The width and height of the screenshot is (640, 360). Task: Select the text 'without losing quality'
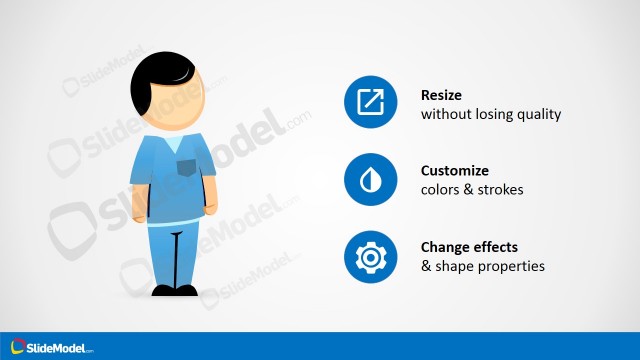(x=491, y=114)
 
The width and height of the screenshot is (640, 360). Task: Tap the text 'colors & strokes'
(x=473, y=190)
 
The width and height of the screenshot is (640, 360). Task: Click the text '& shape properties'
(x=483, y=267)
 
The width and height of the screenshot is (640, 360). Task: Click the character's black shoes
(x=175, y=290)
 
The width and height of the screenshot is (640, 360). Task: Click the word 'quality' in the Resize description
(x=538, y=114)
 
